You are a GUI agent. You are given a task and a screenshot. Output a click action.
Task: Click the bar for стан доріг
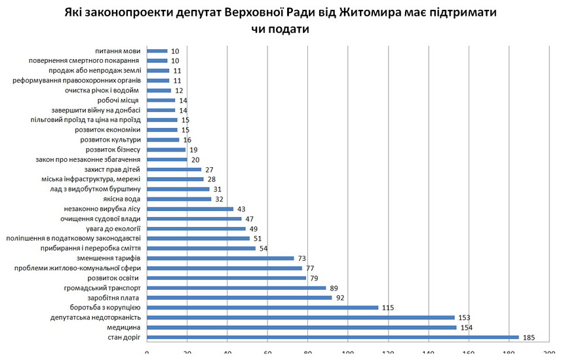coord(332,337)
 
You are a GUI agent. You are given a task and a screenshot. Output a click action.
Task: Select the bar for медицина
coord(301,327)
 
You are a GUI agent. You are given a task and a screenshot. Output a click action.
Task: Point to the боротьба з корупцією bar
coord(262,308)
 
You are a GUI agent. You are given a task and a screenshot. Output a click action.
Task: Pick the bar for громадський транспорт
coord(236,287)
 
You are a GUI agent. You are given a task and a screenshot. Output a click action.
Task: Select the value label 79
coord(315,278)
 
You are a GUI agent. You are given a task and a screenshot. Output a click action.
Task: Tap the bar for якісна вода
coord(179,199)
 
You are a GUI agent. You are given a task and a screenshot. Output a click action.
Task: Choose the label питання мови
coord(118,50)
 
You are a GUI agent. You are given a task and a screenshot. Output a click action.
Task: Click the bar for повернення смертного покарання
coord(157,60)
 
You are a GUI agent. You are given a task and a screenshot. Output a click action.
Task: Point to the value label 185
coord(528,337)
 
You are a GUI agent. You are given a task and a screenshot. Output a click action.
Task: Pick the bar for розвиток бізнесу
coord(166,150)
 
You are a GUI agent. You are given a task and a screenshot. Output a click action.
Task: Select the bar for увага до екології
coord(196,228)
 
